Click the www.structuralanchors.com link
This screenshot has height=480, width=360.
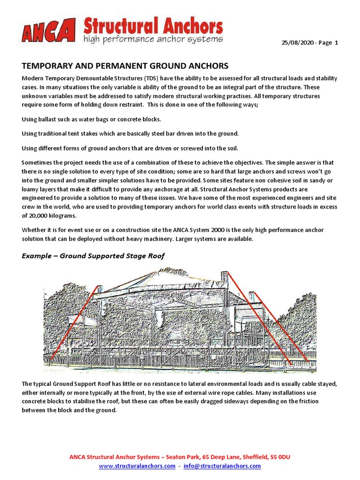pyautogui.click(x=137, y=466)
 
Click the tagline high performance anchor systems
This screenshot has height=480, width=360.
pyautogui.click(x=153, y=39)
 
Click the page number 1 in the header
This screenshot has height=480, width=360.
pyautogui.click(x=336, y=43)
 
